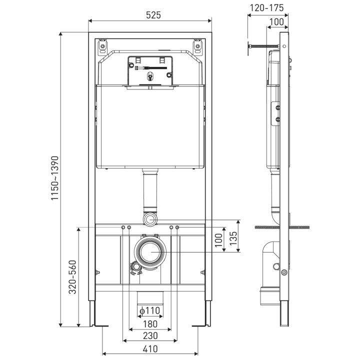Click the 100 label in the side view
[276, 21]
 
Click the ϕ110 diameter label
[149, 310]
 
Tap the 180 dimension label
[150, 323]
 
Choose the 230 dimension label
[150, 335]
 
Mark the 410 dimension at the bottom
[150, 348]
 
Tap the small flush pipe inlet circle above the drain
[150, 219]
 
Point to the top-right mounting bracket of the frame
[198, 46]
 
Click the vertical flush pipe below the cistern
[150, 192]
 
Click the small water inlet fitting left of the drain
[134, 267]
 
